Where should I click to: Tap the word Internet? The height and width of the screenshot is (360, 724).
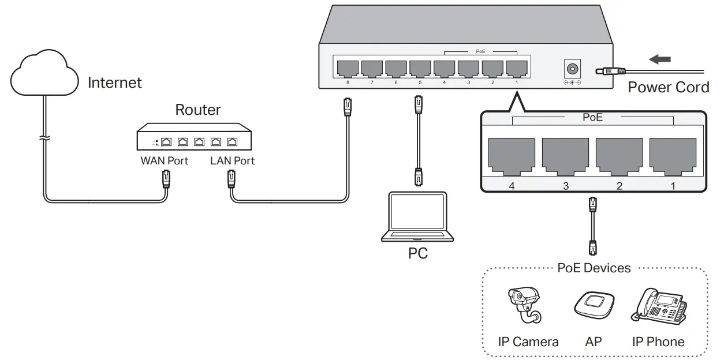point(114,82)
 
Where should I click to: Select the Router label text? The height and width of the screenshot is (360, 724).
point(198,110)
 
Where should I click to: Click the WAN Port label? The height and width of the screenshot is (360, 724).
point(164,161)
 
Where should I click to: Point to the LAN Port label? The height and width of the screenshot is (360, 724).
point(232,161)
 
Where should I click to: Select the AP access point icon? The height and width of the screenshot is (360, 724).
point(594,303)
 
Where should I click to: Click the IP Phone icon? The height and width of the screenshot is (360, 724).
point(659,306)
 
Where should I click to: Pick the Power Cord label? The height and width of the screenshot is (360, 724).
point(668,87)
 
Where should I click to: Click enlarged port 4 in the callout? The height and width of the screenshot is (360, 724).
point(511,155)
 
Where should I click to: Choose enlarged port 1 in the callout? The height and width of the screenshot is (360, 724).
point(673,155)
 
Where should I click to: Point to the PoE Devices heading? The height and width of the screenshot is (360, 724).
point(594,268)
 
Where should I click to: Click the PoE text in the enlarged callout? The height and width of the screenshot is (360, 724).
point(593,117)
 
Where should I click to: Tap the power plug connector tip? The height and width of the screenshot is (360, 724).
point(600,71)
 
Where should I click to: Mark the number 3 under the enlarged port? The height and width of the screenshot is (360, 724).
point(565,186)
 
